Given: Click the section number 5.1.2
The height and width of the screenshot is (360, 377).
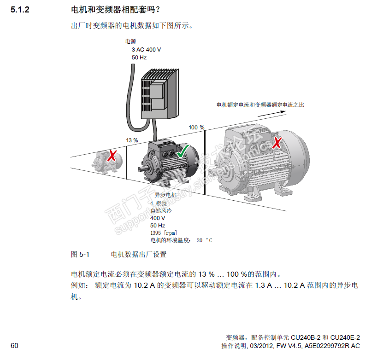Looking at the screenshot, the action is pyautogui.click(x=20, y=10).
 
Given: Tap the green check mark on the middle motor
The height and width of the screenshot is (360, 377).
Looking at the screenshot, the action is pyautogui.click(x=183, y=152).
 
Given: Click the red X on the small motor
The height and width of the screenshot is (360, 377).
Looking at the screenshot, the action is pyautogui.click(x=112, y=156).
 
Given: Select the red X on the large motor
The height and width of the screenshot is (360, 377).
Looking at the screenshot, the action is pyautogui.click(x=277, y=143).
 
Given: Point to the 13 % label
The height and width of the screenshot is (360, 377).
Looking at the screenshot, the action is pyautogui.click(x=132, y=140).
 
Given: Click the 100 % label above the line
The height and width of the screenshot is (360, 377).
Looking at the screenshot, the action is pyautogui.click(x=196, y=127).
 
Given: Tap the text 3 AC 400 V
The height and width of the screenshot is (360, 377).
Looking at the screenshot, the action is pyautogui.click(x=146, y=50).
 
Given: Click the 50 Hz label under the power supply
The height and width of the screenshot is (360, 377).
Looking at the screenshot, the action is pyautogui.click(x=139, y=58).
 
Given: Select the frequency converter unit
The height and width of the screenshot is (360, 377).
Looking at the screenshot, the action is pyautogui.click(x=159, y=93).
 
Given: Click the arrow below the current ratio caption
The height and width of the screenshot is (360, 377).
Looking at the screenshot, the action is pyautogui.click(x=272, y=114).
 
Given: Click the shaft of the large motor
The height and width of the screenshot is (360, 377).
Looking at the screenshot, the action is pyautogui.click(x=213, y=173).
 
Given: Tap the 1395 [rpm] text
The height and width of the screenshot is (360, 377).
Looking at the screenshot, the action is pyautogui.click(x=164, y=233).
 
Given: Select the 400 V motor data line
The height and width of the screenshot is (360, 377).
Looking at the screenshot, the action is pyautogui.click(x=158, y=218).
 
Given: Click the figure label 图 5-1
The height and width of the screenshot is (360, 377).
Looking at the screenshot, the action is pyautogui.click(x=80, y=254).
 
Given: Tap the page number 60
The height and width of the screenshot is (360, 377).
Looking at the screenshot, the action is pyautogui.click(x=14, y=346).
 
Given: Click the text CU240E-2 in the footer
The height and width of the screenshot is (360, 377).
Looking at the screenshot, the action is pyautogui.click(x=345, y=337).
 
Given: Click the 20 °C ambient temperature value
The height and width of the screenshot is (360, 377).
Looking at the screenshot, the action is pyautogui.click(x=204, y=240).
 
